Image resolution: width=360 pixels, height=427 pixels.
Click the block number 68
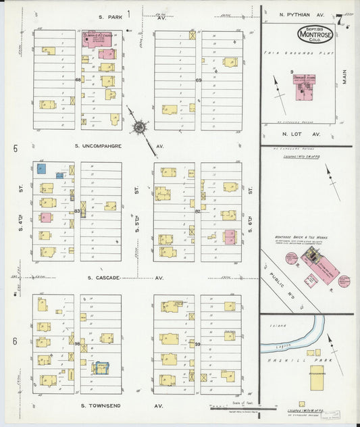pyautogui.click(x=78, y=80)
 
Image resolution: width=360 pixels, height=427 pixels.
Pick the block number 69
pyautogui.click(x=199, y=80)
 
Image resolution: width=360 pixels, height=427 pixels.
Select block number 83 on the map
pyautogui.click(x=77, y=211)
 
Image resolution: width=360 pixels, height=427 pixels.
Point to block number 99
pyautogui.click(x=198, y=344)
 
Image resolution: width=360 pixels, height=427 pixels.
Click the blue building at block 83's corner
pyautogui.click(x=41, y=168)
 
